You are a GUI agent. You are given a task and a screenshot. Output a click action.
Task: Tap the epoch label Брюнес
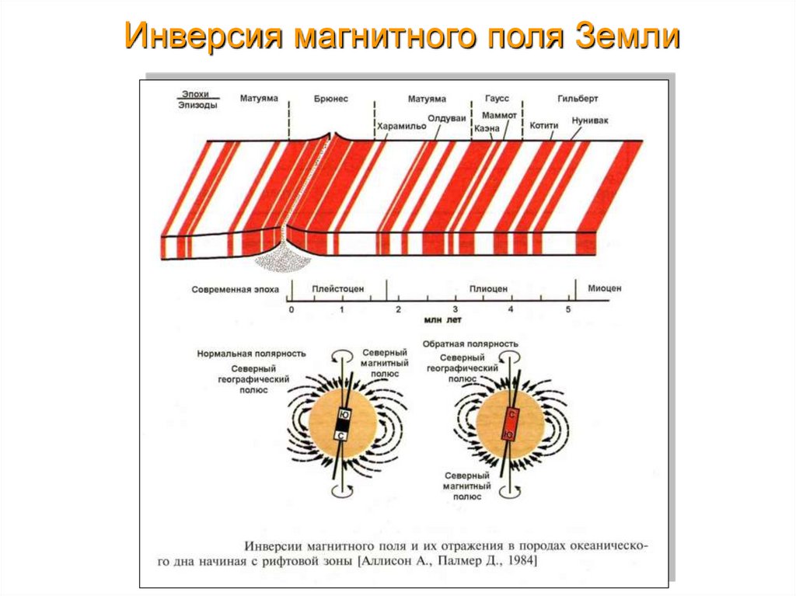tap(331, 99)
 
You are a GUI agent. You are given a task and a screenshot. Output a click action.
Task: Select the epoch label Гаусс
tap(496, 99)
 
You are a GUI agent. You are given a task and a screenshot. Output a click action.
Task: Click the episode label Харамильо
tap(401, 126)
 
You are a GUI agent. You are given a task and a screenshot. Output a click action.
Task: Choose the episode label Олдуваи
tap(447, 118)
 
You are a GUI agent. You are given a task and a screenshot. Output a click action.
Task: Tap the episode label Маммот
tap(500, 115)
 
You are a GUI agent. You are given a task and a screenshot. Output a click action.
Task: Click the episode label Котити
tap(544, 125)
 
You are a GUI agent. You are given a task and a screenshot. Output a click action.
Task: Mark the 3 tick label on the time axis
tap(456, 309)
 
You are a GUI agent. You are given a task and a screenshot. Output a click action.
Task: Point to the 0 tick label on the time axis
tap(292, 309)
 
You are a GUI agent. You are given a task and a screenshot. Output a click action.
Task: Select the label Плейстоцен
tap(338, 289)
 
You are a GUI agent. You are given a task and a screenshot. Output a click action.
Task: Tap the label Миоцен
tap(604, 288)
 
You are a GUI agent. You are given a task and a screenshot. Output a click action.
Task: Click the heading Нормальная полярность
tap(250, 352)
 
